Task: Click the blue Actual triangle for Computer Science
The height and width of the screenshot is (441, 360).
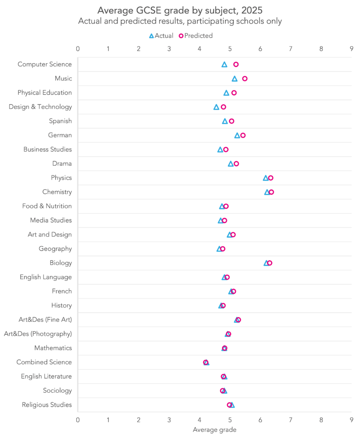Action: click(x=224, y=65)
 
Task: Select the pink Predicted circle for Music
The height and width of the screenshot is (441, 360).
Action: click(x=245, y=78)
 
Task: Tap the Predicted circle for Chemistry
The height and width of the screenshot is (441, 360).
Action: click(x=271, y=192)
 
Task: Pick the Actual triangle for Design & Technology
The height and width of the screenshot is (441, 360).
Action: click(x=216, y=107)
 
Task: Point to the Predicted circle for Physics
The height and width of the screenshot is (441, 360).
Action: click(x=270, y=178)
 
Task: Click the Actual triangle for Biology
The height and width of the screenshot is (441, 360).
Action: click(x=267, y=263)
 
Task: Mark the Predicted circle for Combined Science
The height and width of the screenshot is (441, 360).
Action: click(x=205, y=362)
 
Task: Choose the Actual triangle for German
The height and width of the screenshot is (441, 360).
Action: click(x=237, y=136)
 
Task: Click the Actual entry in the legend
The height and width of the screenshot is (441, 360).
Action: click(x=161, y=36)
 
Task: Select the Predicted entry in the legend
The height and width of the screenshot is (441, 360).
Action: click(x=196, y=36)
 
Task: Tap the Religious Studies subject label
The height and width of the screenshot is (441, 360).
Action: click(x=47, y=405)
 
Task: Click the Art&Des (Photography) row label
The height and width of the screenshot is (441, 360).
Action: click(x=38, y=334)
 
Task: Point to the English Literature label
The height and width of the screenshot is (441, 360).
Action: click(x=46, y=376)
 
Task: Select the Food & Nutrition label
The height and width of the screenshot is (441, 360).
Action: click(x=47, y=206)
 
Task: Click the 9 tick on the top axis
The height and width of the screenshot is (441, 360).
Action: click(x=351, y=49)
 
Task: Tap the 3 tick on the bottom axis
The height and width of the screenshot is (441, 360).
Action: click(x=169, y=419)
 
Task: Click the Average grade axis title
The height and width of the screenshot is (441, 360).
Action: click(x=214, y=429)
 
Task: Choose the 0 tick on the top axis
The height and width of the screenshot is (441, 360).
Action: click(x=78, y=49)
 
